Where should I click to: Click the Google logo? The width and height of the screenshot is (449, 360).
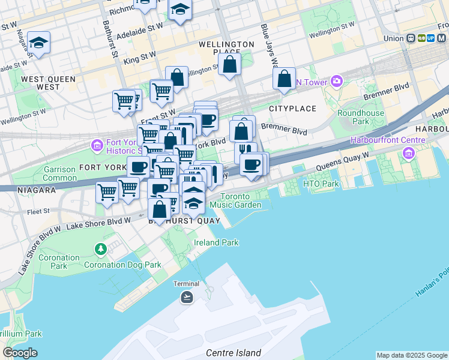(x=20, y=353)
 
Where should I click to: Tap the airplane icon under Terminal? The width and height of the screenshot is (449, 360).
(x=187, y=296)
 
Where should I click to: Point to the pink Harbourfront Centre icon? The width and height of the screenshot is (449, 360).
(x=409, y=153)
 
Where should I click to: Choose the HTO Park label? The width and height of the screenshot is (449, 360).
(x=318, y=184)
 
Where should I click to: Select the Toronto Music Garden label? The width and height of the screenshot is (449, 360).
(x=240, y=200)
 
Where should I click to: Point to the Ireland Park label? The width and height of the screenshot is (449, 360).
(x=216, y=242)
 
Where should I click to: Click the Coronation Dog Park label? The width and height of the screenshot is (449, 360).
(x=122, y=264)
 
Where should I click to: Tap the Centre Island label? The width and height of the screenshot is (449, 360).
(x=234, y=353)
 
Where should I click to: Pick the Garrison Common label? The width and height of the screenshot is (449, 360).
(x=59, y=174)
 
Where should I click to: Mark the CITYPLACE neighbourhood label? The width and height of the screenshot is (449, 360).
(x=292, y=109)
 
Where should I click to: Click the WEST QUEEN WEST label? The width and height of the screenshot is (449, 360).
(x=48, y=83)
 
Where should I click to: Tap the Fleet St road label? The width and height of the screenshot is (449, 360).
(x=37, y=212)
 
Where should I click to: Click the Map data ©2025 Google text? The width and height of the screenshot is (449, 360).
(x=412, y=355)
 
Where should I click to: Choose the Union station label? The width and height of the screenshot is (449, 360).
(x=393, y=38)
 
